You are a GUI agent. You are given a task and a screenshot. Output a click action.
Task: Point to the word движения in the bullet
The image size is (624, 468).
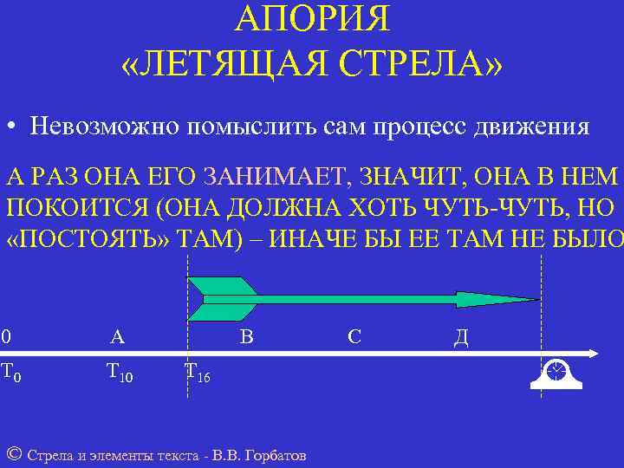pos(531,127)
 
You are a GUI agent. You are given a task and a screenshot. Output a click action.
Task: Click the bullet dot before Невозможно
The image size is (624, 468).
pos(11,127)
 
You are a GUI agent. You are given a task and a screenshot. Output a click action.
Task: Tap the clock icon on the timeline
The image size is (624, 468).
pos(555,373)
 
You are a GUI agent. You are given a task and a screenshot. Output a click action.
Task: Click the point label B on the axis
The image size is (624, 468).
pos(246,336)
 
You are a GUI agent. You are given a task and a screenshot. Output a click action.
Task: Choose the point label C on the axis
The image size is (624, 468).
pos(354,336)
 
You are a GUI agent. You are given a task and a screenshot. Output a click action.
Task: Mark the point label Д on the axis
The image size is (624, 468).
pos(461,336)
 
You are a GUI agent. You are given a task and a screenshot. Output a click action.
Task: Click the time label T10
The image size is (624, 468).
pos(119,373)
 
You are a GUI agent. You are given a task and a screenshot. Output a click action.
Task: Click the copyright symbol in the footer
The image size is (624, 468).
pos(13,454)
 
